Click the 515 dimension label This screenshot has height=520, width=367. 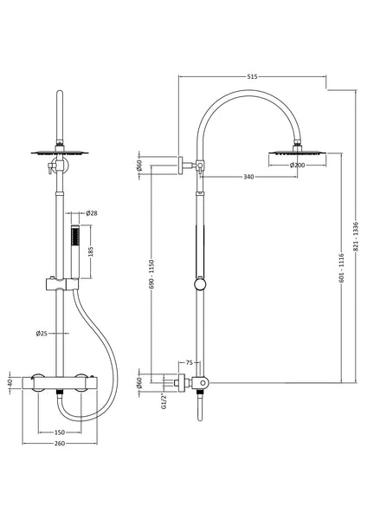(251, 77)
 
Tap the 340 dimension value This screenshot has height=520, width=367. (248, 179)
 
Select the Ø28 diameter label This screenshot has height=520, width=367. (93, 213)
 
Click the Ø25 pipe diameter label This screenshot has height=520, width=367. (42, 333)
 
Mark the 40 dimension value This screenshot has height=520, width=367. (10, 382)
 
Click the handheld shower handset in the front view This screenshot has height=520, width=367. (74, 251)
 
